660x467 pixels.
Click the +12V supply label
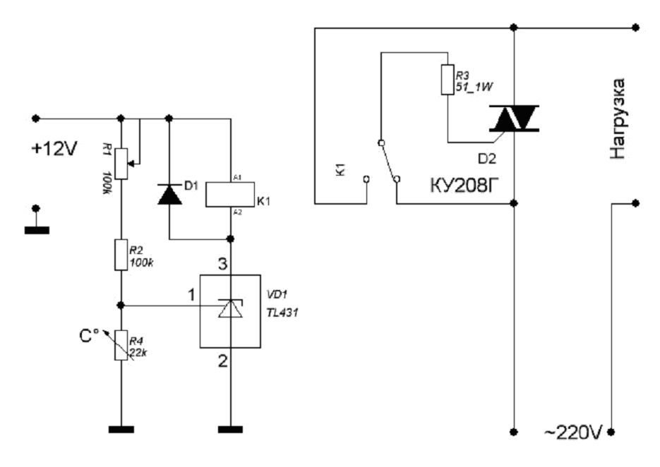[x=54, y=149]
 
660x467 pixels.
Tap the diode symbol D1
[x=169, y=194]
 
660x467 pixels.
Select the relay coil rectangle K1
[x=230, y=194]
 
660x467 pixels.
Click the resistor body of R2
[x=121, y=254]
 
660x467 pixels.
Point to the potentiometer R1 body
[x=121, y=162]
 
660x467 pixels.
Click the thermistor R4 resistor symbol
[x=121, y=345]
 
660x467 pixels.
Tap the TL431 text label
[x=283, y=310]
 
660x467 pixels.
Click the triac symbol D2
[x=515, y=118]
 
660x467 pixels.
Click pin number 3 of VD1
[x=222, y=265]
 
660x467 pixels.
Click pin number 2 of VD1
[x=222, y=362]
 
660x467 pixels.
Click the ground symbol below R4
[x=121, y=428]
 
